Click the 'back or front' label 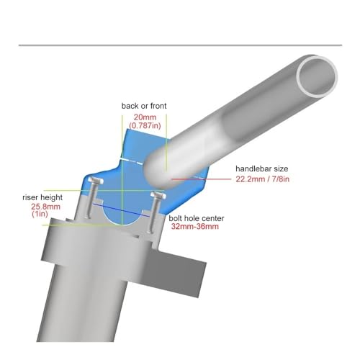pyautogui.click(x=144, y=106)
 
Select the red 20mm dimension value pyautogui.click(x=145, y=117)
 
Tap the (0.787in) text pyautogui.click(x=145, y=125)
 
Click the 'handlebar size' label pyautogui.click(x=262, y=168)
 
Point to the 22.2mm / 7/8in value pyautogui.click(x=263, y=179)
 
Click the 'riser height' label pyautogui.click(x=42, y=197)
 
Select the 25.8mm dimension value pyautogui.click(x=45, y=207)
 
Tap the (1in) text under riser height pyautogui.click(x=40, y=214)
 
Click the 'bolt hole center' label pyautogui.click(x=197, y=218)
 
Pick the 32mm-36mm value pyautogui.click(x=195, y=227)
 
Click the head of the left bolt pyautogui.click(x=96, y=180)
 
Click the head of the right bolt pyautogui.click(x=158, y=194)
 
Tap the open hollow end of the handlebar pyautogui.click(x=318, y=77)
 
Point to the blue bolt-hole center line pyautogui.click(x=122, y=210)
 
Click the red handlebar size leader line pyautogui.click(x=201, y=179)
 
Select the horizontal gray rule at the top pyautogui.click(x=180, y=45)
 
